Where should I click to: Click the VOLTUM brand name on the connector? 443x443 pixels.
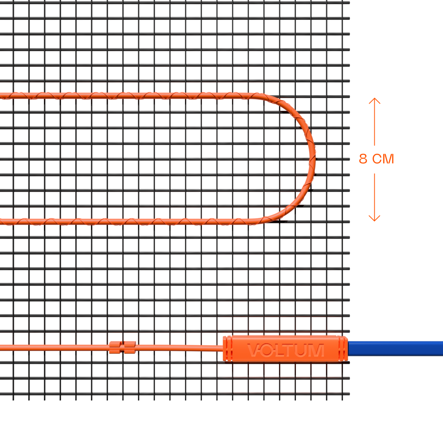pos(285,350)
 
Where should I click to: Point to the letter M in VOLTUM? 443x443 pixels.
pos(316,350)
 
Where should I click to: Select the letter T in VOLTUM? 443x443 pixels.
pos(291,350)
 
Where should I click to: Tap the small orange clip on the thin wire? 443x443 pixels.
pos(122,347)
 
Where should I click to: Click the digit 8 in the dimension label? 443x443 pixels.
pos(363,159)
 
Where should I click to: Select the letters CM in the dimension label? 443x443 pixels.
pos(383,159)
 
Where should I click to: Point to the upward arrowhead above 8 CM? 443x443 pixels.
pos(374,100)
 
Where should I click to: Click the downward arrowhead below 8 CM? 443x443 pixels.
pos(374,219)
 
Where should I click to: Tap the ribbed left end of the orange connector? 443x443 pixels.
pos(228,349)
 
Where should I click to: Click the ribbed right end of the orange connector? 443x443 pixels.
pos(342,349)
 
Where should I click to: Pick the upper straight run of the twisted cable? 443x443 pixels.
pos(133,95)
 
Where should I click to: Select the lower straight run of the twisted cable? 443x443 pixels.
pos(133,221)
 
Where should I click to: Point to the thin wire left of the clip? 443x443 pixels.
pos(53,348)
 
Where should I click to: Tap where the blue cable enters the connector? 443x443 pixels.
pos(348,349)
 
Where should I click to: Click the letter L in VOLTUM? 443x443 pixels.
pos(279,350)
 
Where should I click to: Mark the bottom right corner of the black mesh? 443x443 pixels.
pos(349,394)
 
